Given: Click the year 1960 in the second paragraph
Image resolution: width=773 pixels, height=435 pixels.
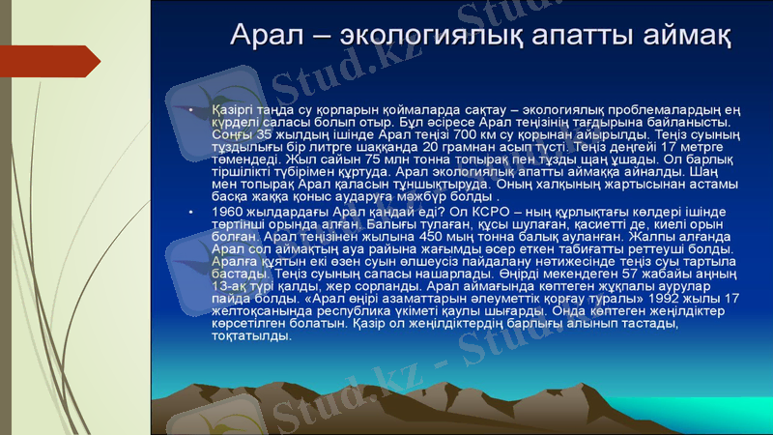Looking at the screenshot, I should (226, 211).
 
